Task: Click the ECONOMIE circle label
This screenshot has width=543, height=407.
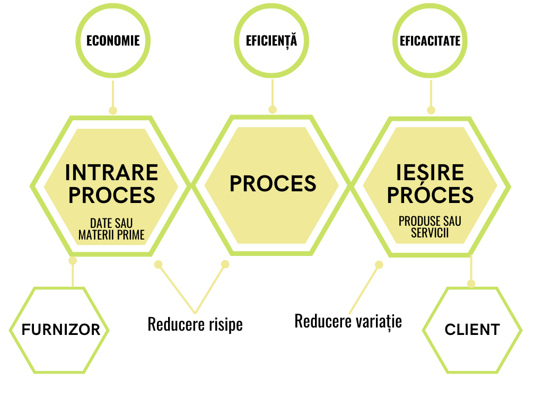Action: tap(113, 41)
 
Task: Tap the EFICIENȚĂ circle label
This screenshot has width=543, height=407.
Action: tap(271, 41)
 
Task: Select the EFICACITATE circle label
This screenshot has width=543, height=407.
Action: tap(430, 41)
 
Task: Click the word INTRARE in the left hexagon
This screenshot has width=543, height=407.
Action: tap(112, 173)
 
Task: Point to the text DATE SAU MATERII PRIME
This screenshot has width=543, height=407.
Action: tap(111, 229)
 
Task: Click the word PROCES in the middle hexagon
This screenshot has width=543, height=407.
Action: tap(273, 184)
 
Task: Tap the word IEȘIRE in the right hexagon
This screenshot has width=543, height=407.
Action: tap(430, 173)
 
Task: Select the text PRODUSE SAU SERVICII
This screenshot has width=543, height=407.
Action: tap(430, 227)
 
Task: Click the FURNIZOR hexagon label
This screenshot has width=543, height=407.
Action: tap(60, 330)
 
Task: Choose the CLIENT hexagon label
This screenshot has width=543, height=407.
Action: tap(472, 330)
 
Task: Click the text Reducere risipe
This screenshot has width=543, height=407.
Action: tap(195, 324)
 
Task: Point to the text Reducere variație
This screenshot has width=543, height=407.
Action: tap(348, 321)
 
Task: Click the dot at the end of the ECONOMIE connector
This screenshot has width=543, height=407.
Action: tap(112, 111)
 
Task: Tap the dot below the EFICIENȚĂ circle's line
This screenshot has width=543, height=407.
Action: tap(273, 110)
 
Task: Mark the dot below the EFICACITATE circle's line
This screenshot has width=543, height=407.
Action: tap(431, 110)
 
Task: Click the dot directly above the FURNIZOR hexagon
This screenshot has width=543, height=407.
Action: tap(73, 261)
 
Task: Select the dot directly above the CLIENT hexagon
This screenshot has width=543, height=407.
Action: tap(471, 284)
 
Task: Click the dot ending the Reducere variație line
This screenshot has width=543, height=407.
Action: tap(379, 264)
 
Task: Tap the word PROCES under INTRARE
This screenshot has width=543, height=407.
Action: tap(112, 195)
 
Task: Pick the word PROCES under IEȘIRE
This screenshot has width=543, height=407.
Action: tap(430, 195)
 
